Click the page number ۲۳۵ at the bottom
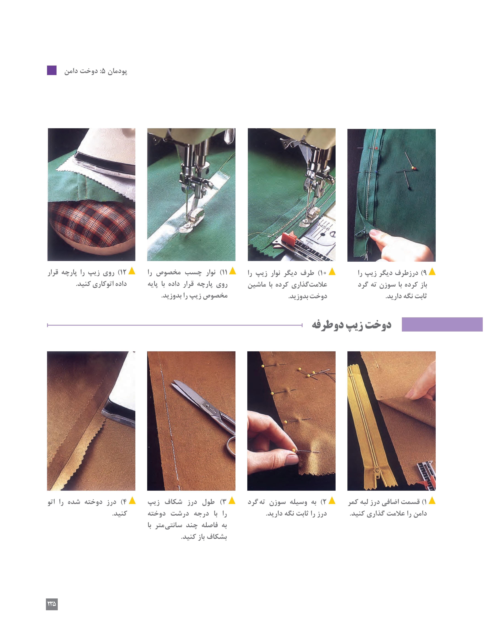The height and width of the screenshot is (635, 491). [52, 604]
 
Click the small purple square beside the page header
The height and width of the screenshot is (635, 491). [52, 70]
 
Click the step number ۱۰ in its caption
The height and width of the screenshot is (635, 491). [322, 273]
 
